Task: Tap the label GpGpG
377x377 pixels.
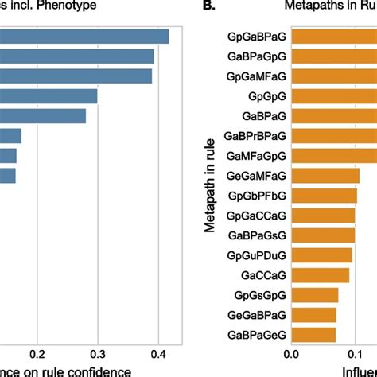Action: click(266, 96)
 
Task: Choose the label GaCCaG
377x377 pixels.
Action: click(263, 275)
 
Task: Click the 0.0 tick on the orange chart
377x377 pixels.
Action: click(291, 354)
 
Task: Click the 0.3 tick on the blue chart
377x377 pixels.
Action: click(97, 354)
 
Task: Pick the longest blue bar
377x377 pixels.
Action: click(84, 37)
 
